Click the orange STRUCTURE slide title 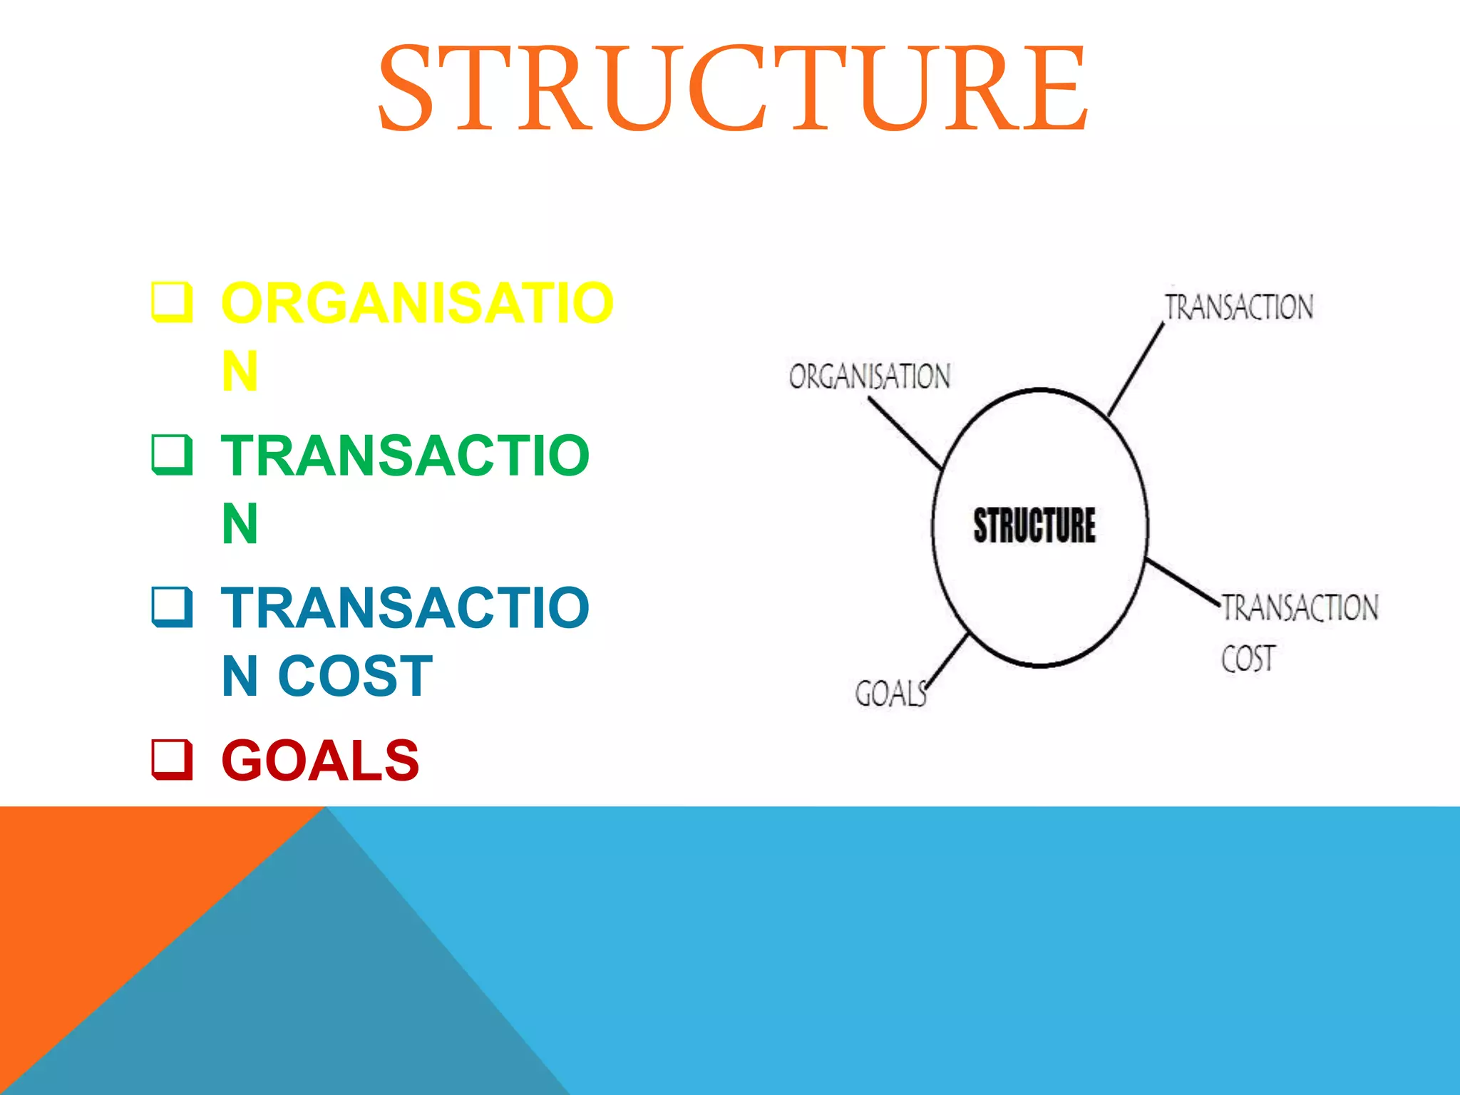732,89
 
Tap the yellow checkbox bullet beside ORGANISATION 172,302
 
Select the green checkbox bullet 172,455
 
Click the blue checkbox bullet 172,607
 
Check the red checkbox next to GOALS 172,760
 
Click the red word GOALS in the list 320,761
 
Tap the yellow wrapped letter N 240,371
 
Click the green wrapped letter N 240,524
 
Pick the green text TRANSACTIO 405,456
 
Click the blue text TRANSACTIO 405,608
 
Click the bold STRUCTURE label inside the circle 1034,526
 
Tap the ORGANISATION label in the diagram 870,376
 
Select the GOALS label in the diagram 890,694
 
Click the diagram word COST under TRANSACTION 1248,659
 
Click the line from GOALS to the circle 947,660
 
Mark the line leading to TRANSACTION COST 1183,582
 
